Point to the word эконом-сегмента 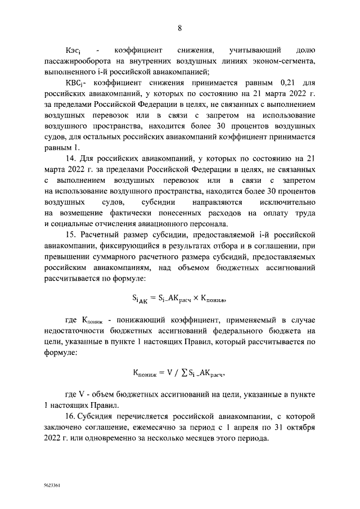[284, 61]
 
